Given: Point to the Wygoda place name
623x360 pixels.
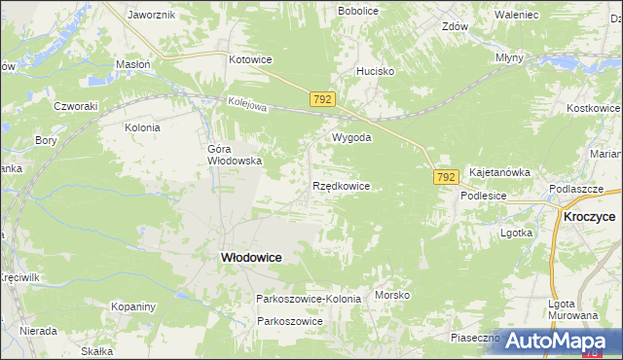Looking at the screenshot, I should tap(351, 137).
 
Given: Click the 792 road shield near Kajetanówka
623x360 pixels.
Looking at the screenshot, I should tap(446, 176).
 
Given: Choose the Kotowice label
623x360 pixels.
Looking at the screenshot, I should tap(250, 59).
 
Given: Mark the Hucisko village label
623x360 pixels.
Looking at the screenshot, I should tap(375, 71).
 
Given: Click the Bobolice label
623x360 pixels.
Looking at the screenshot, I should tap(357, 10).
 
